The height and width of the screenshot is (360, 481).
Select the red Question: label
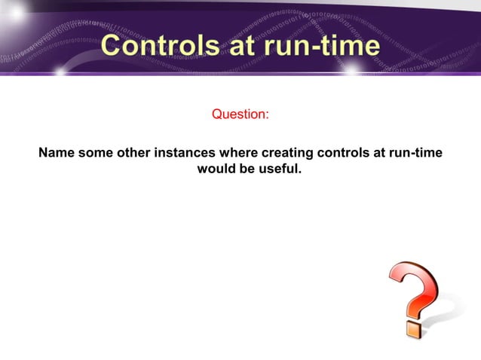pyautogui.click(x=240, y=114)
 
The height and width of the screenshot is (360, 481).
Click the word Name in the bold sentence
pyautogui.click(x=57, y=154)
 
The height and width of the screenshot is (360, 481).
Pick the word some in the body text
pyautogui.click(x=96, y=154)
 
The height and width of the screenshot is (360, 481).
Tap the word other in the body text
pyautogui.click(x=133, y=154)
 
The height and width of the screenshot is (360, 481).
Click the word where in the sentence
pyautogui.click(x=238, y=154)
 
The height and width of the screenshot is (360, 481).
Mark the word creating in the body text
pyautogui.click(x=286, y=154)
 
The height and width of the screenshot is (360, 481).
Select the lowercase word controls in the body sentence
pyautogui.click(x=343, y=154)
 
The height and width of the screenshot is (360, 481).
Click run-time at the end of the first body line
pyautogui.click(x=414, y=154)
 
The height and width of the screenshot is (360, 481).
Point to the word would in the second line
pyautogui.click(x=216, y=169)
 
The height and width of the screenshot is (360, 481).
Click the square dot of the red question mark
pyautogui.click(x=412, y=329)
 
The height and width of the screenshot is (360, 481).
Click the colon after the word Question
pyautogui.click(x=267, y=115)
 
